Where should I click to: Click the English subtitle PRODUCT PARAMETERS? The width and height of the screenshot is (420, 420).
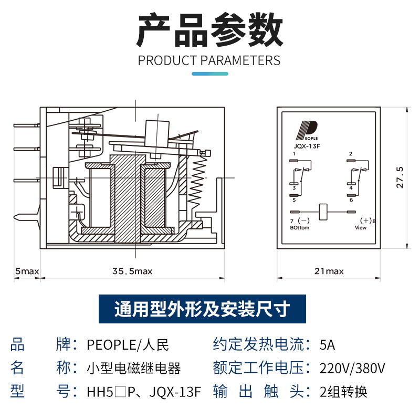click(209, 60)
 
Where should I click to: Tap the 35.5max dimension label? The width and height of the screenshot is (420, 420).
click(132, 271)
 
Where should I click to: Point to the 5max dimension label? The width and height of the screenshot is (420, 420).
click(27, 271)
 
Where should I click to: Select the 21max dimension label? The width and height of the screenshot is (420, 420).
click(329, 271)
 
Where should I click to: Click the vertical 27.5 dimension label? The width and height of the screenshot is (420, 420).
click(400, 178)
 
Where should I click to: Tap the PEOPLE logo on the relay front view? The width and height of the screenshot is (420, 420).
click(308, 129)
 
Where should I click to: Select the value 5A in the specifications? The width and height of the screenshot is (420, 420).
click(327, 345)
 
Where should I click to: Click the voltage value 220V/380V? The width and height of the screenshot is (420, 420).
click(352, 368)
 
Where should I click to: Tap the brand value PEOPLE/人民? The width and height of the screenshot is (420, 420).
click(128, 345)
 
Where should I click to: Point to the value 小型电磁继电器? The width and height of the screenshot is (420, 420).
click(133, 368)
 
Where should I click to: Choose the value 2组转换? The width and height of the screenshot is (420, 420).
click(343, 392)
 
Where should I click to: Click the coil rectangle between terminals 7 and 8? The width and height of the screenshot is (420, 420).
click(323, 212)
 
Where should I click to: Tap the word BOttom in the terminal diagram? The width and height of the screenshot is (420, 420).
click(300, 228)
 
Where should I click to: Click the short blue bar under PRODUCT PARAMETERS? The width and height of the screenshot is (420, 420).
click(209, 73)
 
